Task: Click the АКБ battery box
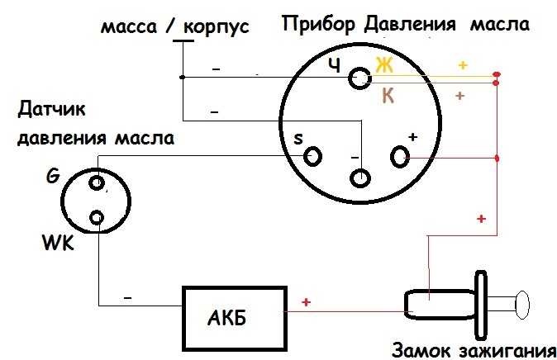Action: click(x=235, y=318)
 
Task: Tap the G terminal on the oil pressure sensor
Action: click(x=97, y=183)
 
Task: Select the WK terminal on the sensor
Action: click(x=97, y=218)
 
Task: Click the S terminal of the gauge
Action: click(x=312, y=156)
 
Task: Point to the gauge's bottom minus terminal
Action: click(x=360, y=178)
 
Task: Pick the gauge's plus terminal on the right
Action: click(x=400, y=157)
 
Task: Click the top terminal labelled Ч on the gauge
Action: click(x=359, y=78)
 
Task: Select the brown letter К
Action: click(x=388, y=95)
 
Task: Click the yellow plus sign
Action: click(x=463, y=65)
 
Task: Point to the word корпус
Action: click(x=217, y=27)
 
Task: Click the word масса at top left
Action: click(x=129, y=28)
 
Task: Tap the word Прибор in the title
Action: click(x=318, y=25)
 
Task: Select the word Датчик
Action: click(x=52, y=109)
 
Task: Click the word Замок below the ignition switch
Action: click(x=421, y=350)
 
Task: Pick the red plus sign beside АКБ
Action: click(x=306, y=302)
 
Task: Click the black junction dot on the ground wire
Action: click(x=183, y=77)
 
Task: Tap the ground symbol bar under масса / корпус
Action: click(x=183, y=40)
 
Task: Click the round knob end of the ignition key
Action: click(x=522, y=305)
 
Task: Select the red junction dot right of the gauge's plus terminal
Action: click(x=497, y=158)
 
